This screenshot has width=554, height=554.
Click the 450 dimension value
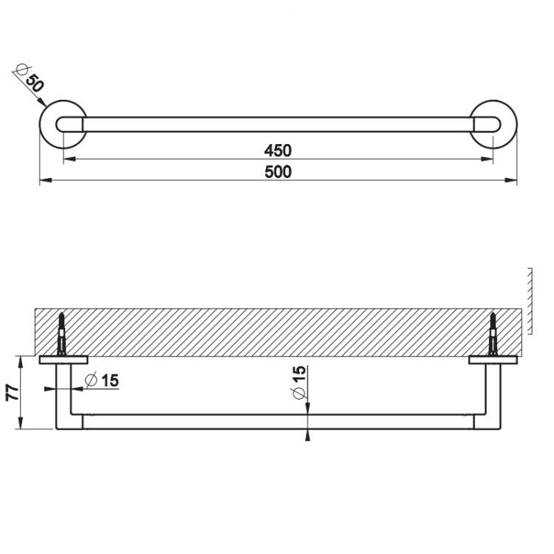point(278,151)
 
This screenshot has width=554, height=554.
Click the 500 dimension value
point(278,172)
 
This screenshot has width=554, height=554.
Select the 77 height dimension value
point(13,392)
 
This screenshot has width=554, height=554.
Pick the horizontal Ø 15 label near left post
point(102,380)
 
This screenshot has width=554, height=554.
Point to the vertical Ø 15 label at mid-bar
point(299,383)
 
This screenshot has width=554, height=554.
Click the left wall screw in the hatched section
point(62,334)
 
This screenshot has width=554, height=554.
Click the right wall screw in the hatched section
point(493,334)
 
